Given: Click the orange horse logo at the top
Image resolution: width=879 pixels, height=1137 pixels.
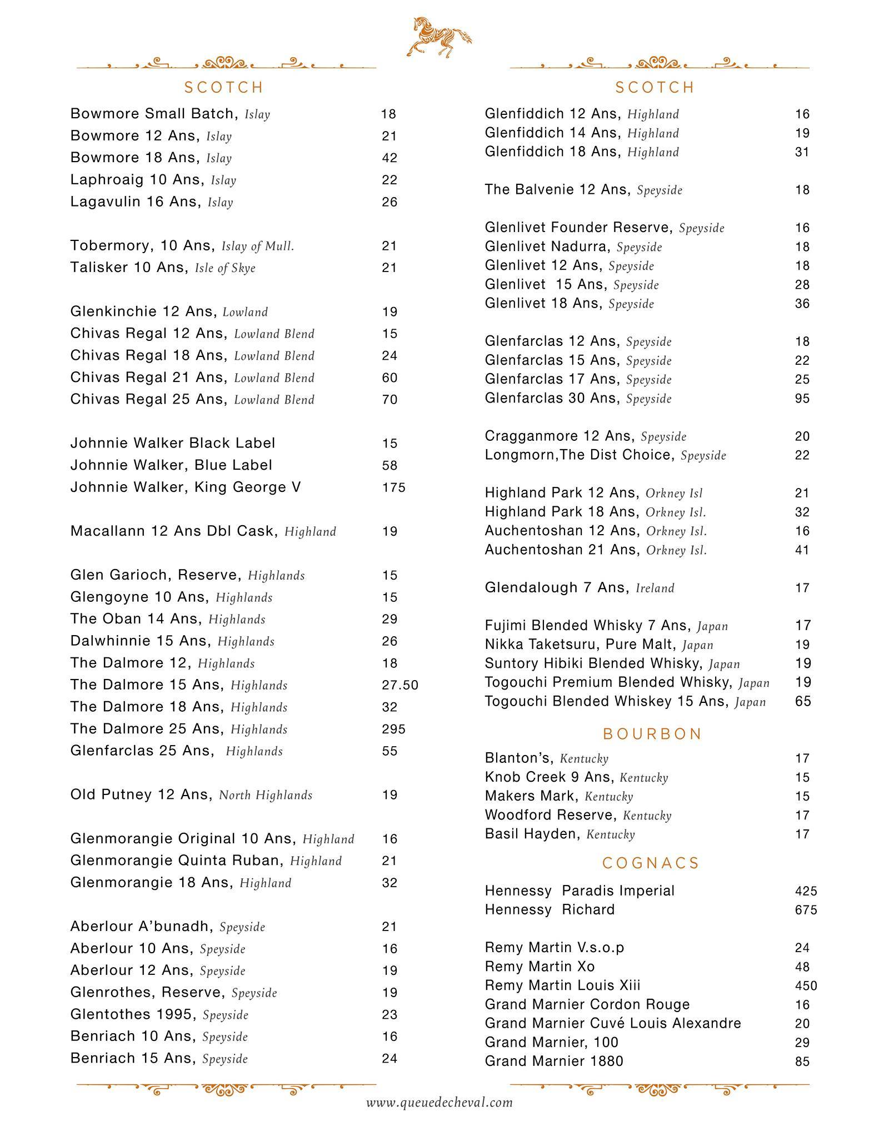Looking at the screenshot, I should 439,37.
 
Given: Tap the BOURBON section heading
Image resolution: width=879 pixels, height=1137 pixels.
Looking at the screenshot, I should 652,734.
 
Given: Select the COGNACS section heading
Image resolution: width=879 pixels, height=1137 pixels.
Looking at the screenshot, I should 651,863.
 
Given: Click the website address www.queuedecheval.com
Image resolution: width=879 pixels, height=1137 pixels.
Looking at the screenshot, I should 439,1102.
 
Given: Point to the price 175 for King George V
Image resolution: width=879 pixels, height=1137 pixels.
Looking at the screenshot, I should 393,487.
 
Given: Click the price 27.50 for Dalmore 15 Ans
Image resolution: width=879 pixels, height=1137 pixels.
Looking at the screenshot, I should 399,685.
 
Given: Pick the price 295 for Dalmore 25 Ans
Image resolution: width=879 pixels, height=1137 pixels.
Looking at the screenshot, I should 393,729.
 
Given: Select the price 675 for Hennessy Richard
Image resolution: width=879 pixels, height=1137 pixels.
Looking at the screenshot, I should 806,910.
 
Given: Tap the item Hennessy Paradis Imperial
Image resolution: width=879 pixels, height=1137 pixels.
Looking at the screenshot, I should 579,891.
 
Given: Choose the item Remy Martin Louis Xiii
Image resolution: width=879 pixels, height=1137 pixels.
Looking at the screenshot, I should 562,985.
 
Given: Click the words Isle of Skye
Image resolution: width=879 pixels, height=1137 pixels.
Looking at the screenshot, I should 225,268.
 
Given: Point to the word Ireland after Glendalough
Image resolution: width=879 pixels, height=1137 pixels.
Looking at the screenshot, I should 655,588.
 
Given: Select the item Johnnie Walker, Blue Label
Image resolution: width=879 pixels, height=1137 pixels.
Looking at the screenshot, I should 171,465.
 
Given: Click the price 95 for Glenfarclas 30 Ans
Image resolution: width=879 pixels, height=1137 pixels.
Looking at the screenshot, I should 802,399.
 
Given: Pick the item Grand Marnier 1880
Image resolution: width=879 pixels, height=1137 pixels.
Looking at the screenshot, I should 554,1061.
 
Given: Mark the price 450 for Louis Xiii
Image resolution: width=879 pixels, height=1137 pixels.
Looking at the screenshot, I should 806,986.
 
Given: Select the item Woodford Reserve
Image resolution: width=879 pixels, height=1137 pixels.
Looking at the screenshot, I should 551,815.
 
